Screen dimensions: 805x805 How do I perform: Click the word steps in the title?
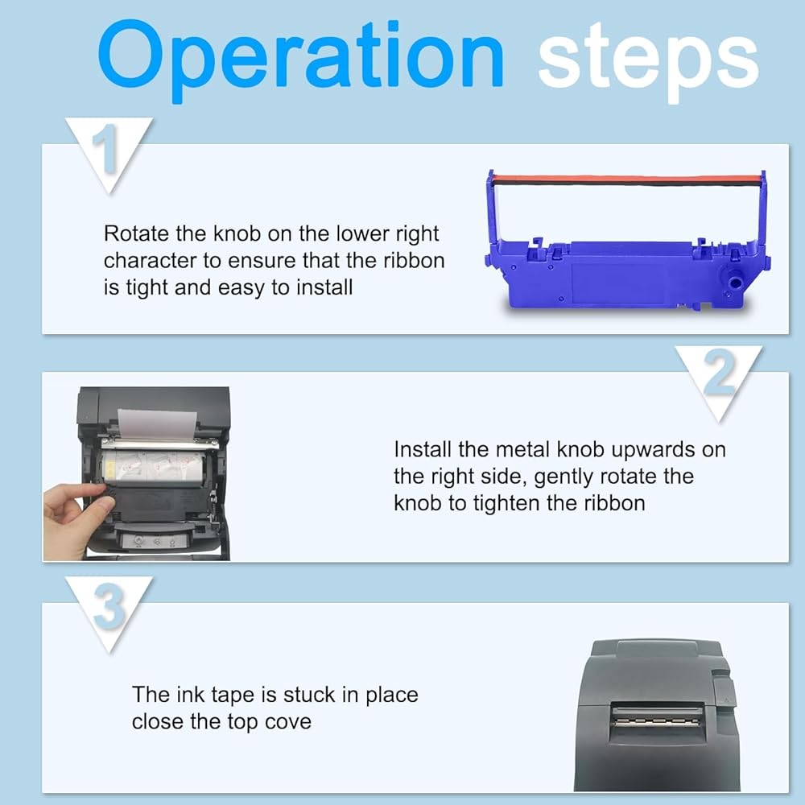coord(648,63)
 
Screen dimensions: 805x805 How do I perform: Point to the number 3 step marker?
coord(109,607)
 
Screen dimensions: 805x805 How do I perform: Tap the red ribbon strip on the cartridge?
coord(626,180)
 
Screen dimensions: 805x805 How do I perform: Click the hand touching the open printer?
coord(77,518)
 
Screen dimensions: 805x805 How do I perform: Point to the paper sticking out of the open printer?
coord(157,424)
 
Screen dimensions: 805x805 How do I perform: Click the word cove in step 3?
coord(288,722)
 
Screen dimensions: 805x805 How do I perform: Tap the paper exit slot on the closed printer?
coord(655,720)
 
